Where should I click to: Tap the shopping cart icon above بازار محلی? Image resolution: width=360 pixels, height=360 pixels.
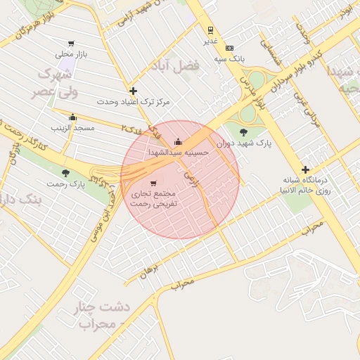[71, 44]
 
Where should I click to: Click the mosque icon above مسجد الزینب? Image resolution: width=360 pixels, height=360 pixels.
[72, 117]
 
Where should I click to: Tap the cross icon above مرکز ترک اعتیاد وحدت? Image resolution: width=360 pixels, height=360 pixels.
[133, 91]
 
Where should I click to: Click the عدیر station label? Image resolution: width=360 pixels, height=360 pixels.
[211, 41]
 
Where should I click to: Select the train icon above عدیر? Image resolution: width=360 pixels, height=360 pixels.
[210, 30]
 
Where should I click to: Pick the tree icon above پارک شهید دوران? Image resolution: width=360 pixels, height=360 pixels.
[243, 131]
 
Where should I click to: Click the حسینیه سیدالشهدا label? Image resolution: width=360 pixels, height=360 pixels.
[179, 151]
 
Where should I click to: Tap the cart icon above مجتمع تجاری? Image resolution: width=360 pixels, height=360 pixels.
[153, 183]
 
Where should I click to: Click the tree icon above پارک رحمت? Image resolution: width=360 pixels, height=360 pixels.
[66, 172]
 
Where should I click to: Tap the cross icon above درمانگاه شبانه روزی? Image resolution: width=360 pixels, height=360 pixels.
[304, 169]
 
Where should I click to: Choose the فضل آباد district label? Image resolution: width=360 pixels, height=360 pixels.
[175, 65]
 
